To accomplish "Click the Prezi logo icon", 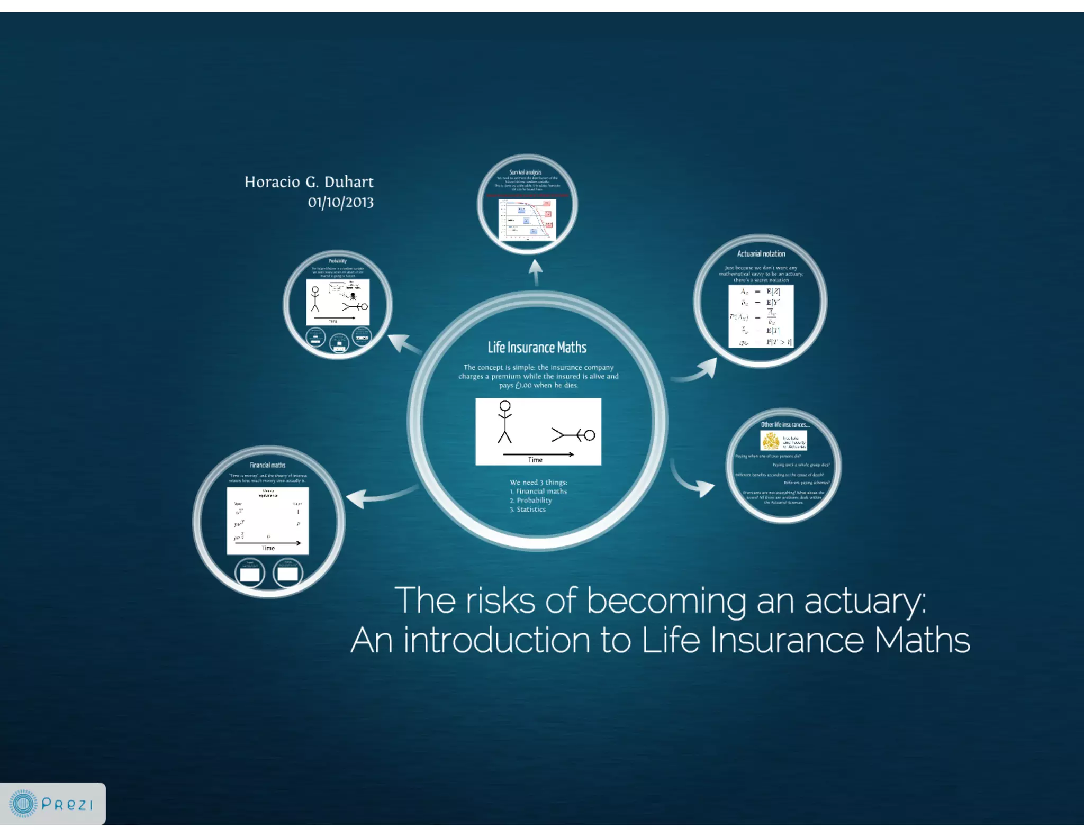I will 23,804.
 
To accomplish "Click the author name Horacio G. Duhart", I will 309,182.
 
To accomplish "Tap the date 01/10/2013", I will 340,202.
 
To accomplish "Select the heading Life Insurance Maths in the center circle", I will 537,348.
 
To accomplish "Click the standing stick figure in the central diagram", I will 505,422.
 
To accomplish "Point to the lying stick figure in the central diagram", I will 573,435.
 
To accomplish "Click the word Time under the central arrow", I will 535,460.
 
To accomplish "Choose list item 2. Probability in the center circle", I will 531,501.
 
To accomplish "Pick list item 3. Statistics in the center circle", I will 528,510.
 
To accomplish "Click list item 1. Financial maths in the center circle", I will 538,492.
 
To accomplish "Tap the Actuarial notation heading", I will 761,254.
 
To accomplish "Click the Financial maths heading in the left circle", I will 267,465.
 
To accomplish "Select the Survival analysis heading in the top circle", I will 525,172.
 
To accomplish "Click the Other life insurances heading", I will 785,425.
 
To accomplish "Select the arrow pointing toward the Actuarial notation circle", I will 699,370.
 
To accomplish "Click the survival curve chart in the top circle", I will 527,219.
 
